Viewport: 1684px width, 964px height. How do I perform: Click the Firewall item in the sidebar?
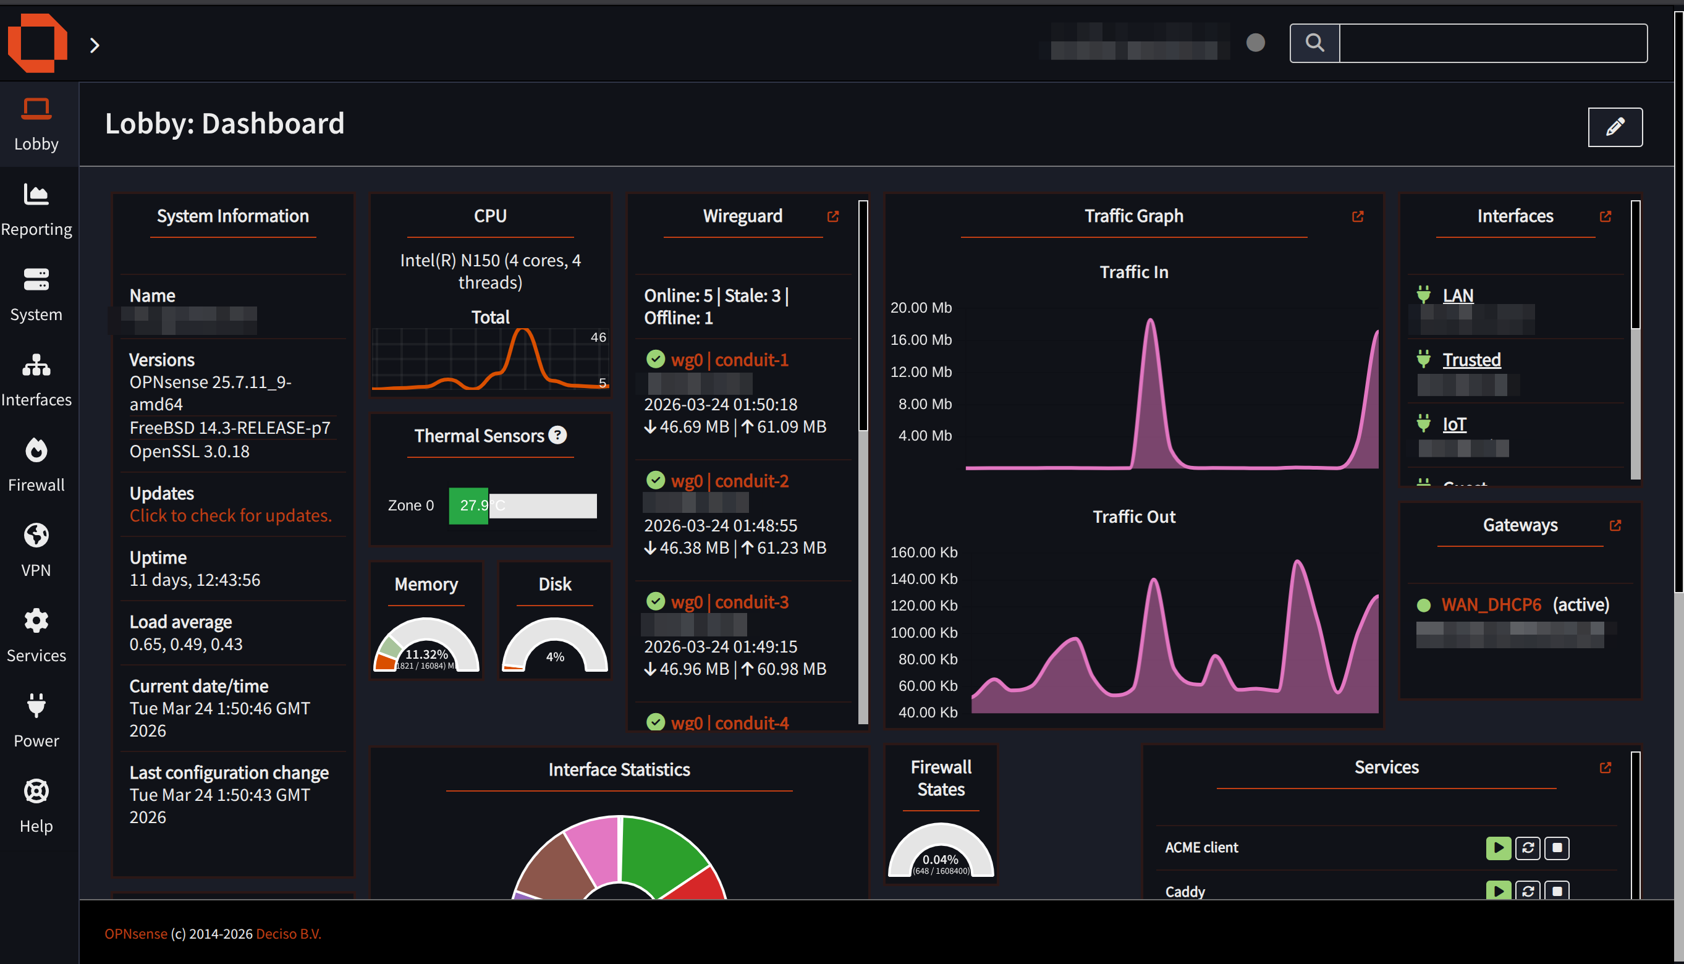pos(36,465)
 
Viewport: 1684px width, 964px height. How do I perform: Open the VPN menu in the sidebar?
pos(36,550)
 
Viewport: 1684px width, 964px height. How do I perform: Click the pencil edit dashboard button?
pos(1615,127)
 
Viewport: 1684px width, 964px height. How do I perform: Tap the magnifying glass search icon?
pos(1314,43)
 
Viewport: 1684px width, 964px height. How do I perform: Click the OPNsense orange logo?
pos(37,43)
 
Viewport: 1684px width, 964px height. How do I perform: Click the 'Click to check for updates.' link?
pos(231,515)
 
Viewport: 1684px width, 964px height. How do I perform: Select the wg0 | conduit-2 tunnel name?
pos(729,481)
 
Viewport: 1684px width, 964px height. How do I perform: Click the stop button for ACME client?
pos(1556,847)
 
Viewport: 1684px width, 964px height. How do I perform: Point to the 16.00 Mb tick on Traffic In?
pos(921,340)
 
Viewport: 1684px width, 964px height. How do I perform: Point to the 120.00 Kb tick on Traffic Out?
pos(923,605)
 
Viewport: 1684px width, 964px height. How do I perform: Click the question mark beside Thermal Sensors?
pos(558,435)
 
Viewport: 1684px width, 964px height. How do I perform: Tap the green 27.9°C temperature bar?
pos(468,505)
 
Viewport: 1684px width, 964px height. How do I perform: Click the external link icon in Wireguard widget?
pos(833,216)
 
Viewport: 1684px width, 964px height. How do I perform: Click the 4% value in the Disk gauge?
pos(555,656)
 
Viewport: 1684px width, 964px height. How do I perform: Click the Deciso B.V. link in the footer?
pos(288,934)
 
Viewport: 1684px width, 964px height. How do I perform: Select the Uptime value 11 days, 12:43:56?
pos(195,580)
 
